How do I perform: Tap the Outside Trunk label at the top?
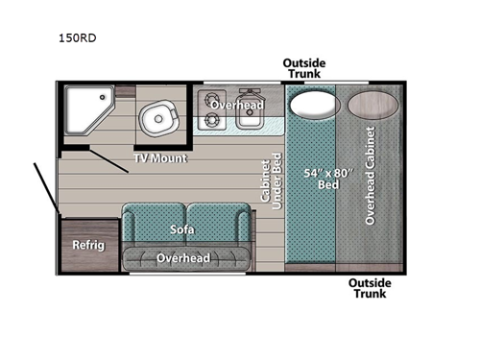(x=304, y=69)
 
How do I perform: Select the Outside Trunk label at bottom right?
(x=370, y=288)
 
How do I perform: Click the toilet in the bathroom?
(x=156, y=118)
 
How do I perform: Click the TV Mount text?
(x=159, y=157)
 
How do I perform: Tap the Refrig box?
(x=88, y=244)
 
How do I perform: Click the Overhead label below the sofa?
(x=183, y=258)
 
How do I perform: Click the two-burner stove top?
(x=209, y=109)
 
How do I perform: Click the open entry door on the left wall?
(x=45, y=186)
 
